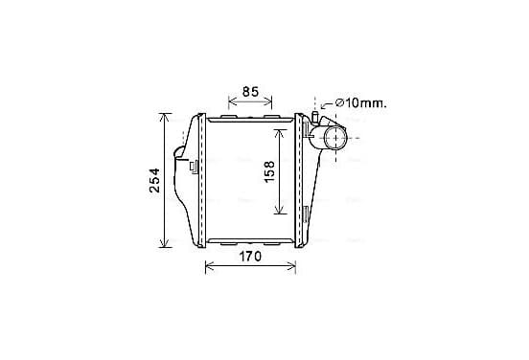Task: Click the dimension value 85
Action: (250, 92)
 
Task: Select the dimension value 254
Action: (154, 180)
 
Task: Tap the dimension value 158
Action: (269, 172)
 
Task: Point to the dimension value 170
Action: (250, 257)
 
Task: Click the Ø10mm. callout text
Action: (361, 102)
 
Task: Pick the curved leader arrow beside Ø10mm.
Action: (326, 105)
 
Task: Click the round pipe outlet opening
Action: (335, 138)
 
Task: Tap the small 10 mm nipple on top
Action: (315, 116)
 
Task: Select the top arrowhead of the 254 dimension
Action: (164, 118)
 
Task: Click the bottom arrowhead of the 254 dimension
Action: (164, 243)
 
